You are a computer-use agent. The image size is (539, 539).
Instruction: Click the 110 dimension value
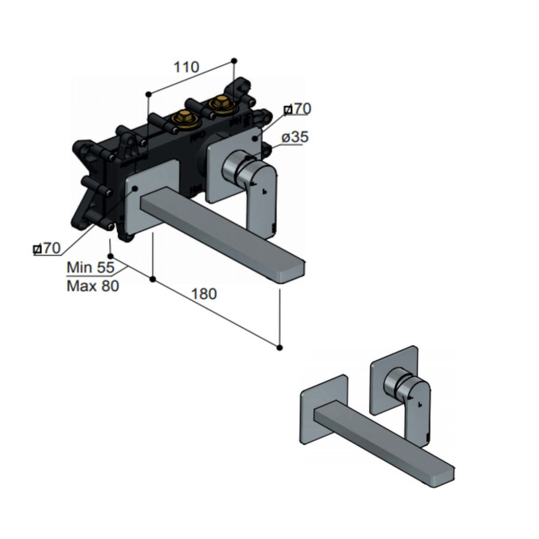[x=186, y=67]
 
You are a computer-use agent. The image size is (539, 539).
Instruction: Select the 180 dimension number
[x=204, y=294]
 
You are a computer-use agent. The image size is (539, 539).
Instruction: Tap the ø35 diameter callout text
[x=295, y=137]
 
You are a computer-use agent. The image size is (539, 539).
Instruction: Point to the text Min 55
[x=90, y=267]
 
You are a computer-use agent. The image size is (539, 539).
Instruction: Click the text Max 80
[x=92, y=286]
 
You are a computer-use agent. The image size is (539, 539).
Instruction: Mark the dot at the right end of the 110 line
[x=234, y=60]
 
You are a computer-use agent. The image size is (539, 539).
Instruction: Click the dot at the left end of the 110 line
[x=147, y=94]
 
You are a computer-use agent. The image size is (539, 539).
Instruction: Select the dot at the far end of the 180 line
[x=280, y=347]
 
